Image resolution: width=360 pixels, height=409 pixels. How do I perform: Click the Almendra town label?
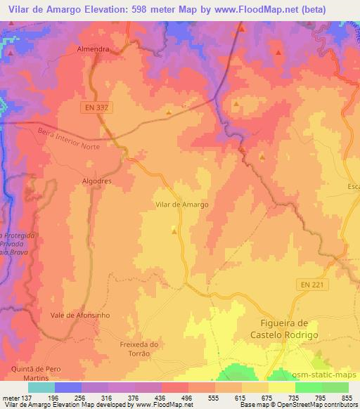(x=94, y=50)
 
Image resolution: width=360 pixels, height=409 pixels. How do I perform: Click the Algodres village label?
(x=96, y=181)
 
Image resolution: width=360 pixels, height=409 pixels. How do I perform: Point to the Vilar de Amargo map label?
(x=181, y=204)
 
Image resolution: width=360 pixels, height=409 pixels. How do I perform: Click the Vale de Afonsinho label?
(x=80, y=316)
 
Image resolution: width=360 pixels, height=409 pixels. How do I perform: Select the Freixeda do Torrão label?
(x=141, y=349)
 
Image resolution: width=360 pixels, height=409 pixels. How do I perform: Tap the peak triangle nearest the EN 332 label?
(x=168, y=111)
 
